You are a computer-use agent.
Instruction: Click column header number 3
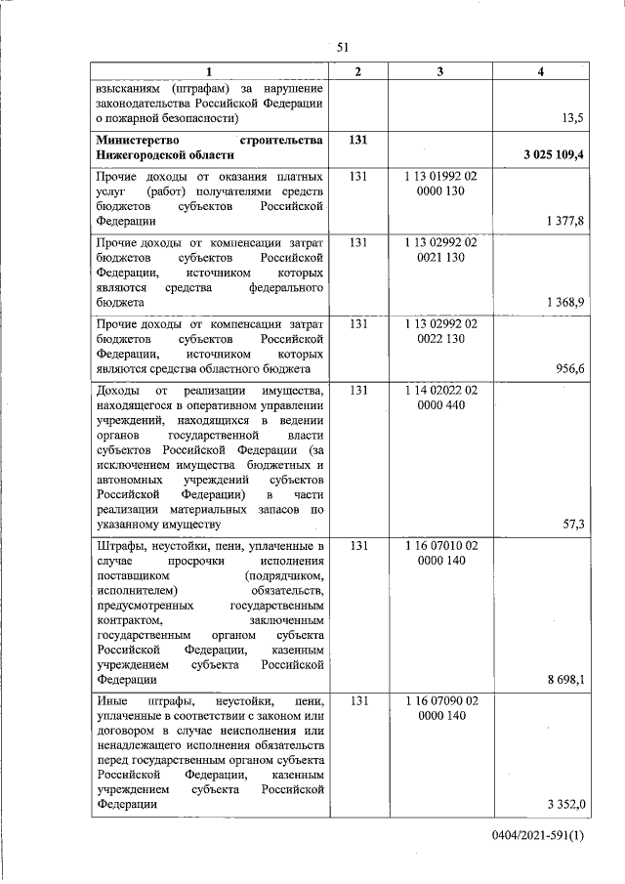439,72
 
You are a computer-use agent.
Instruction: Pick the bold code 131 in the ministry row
357,140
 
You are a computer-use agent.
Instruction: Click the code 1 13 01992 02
439,178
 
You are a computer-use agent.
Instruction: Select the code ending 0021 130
439,257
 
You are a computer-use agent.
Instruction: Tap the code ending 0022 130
439,338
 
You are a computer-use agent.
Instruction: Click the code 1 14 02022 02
439,390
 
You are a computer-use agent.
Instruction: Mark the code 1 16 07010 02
439,544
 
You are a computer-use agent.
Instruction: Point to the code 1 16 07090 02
439,700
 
